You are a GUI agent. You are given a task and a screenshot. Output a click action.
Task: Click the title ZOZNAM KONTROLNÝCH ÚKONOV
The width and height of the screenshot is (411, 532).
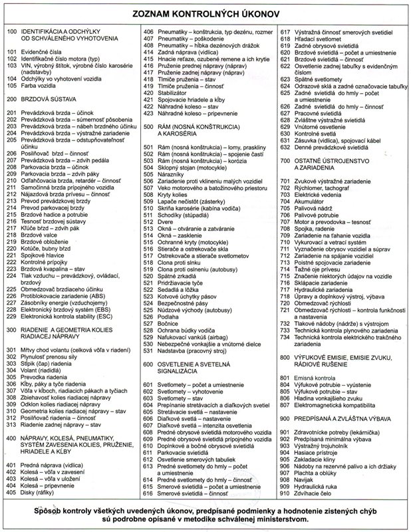[x=206, y=14]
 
